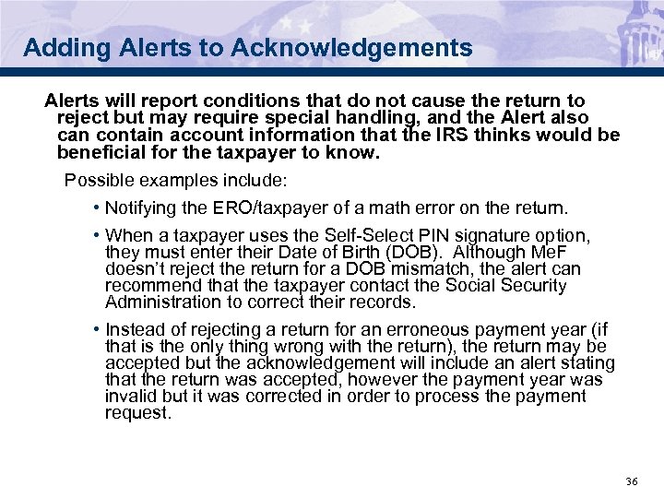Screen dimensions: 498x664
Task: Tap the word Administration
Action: click(162, 302)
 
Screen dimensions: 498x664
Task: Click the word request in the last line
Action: click(136, 413)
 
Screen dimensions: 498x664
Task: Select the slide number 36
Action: click(632, 482)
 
